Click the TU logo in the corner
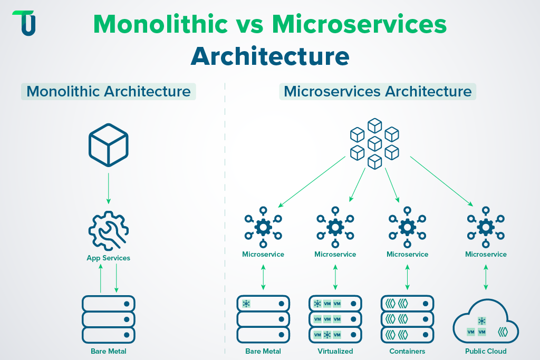coord(24,23)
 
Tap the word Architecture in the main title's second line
coord(269,56)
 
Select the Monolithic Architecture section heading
coord(109,91)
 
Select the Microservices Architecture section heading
coord(378,91)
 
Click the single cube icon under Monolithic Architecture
coord(109,144)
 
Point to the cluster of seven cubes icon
coord(374,143)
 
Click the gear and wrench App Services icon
coord(109,231)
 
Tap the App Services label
coord(109,258)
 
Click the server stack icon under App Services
coord(109,319)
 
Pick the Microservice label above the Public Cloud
coord(486,254)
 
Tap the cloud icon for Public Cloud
coord(486,323)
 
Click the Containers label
coord(407,351)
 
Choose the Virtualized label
coord(335,351)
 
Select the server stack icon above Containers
coord(407,319)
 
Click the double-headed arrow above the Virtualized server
coord(335,277)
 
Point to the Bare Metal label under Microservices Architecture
coord(263,351)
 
